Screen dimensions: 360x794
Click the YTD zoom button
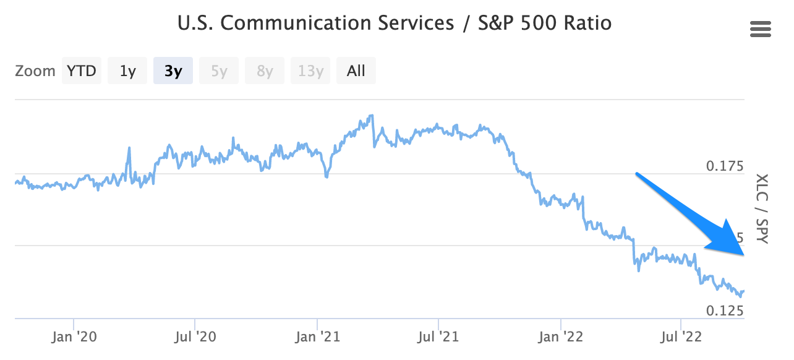pyautogui.click(x=82, y=71)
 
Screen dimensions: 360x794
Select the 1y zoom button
pyautogui.click(x=127, y=71)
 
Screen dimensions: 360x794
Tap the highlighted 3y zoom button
pyautogui.click(x=173, y=71)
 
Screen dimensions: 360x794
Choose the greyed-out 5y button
pyautogui.click(x=219, y=71)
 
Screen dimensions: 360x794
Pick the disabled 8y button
pyautogui.click(x=265, y=71)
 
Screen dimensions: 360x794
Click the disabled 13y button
pyautogui.click(x=310, y=71)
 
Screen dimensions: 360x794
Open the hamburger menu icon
pyautogui.click(x=760, y=29)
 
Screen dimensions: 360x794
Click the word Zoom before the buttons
pyautogui.click(x=35, y=71)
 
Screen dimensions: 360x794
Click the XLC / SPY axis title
pyautogui.click(x=761, y=208)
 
